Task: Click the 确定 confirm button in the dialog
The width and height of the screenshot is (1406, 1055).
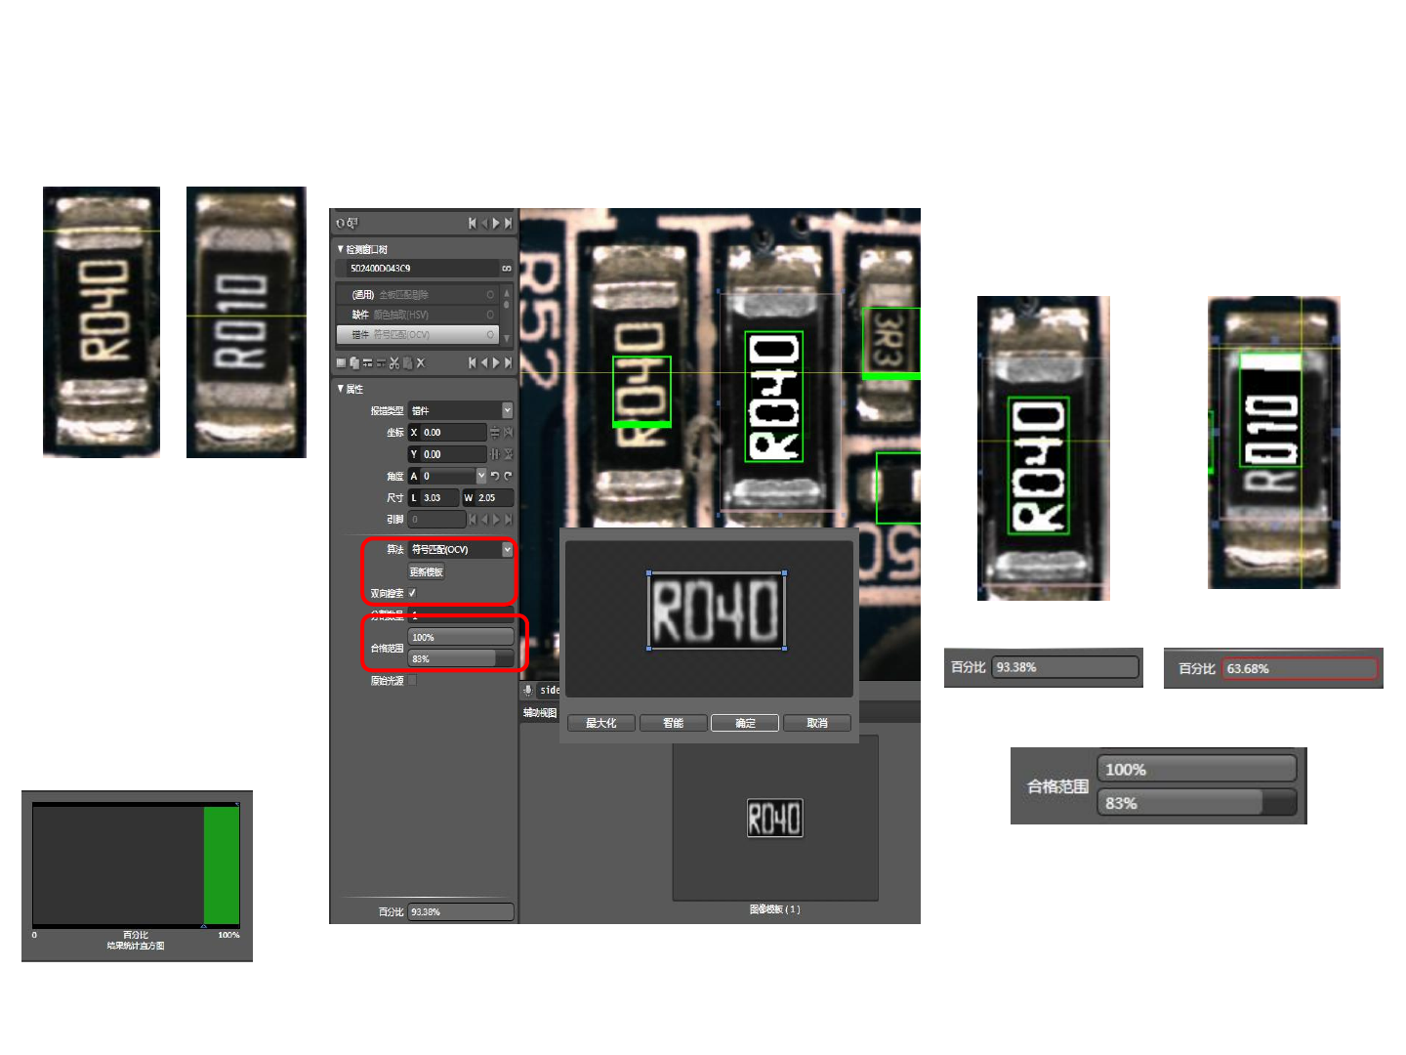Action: [x=745, y=723]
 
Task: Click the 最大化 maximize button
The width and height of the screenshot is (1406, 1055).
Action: [x=601, y=723]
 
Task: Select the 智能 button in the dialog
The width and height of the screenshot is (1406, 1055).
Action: [x=674, y=723]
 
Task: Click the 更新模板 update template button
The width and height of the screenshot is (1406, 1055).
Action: [x=427, y=571]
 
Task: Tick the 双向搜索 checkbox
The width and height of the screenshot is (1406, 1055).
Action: [x=412, y=593]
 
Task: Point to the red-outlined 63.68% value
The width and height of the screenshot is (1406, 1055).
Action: [x=1299, y=669]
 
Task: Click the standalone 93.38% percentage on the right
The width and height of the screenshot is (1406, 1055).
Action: [x=1064, y=667]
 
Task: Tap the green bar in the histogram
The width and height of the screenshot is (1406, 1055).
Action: [x=222, y=865]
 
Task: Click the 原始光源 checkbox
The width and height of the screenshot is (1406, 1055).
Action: [x=412, y=681]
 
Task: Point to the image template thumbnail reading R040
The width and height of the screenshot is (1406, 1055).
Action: [x=775, y=818]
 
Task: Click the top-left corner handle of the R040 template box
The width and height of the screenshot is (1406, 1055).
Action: [x=649, y=573]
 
